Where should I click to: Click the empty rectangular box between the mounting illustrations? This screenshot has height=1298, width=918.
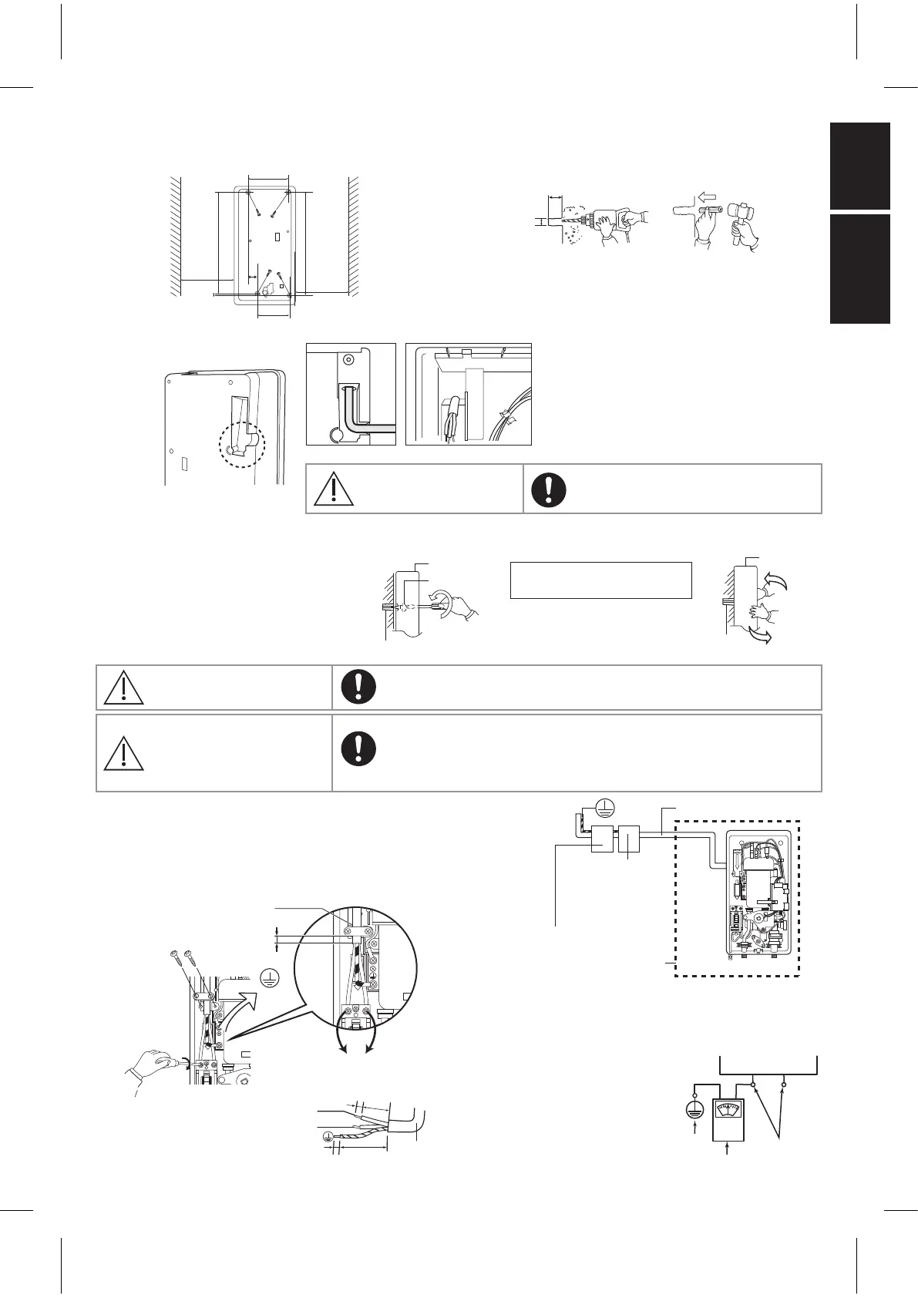[601, 580]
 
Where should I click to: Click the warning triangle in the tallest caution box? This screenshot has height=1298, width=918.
[122, 752]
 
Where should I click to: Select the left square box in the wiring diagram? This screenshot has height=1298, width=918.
[602, 839]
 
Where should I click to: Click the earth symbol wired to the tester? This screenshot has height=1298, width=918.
[695, 1111]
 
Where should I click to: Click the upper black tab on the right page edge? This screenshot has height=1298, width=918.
[860, 166]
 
